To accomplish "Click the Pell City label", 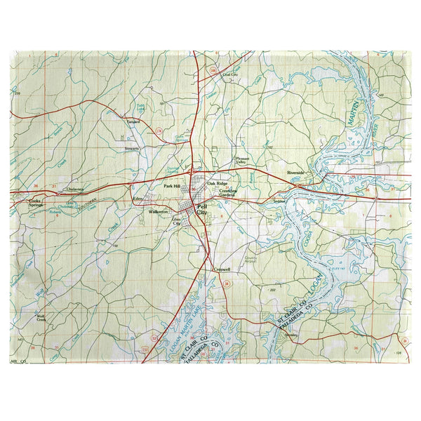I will coord(202,208).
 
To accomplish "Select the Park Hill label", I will coord(173,187).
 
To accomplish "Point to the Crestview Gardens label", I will coord(228,193).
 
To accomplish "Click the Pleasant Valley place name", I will coord(242,161).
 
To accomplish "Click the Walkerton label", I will coord(159,210).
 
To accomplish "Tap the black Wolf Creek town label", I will coord(41,317).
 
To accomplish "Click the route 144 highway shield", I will coord(213,71).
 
